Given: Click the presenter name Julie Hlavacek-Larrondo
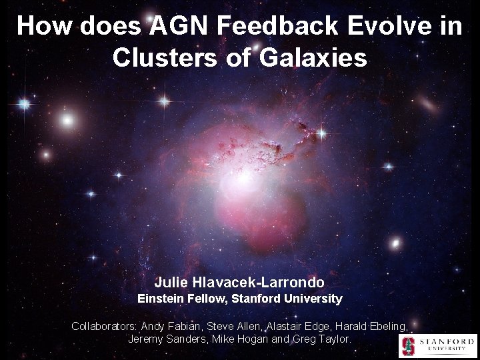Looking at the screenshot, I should pos(239,283).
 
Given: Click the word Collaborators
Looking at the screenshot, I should pos(104,326).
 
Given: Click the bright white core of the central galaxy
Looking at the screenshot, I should pos(243,177).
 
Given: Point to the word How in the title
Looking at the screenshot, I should pos(41,26).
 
